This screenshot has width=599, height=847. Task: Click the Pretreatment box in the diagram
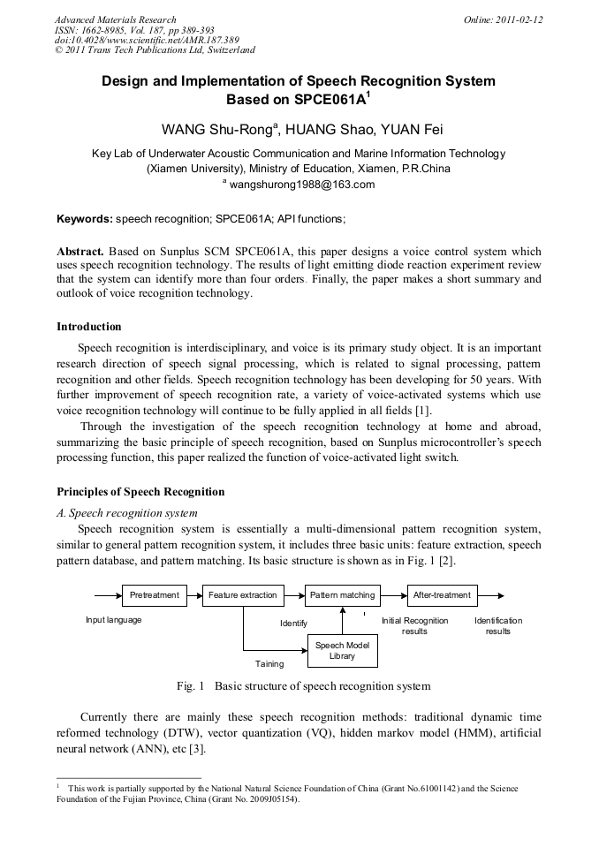click(x=155, y=595)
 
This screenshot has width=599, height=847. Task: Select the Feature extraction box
click(x=242, y=595)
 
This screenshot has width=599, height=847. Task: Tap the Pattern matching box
click(x=342, y=595)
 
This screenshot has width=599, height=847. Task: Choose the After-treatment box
click(x=442, y=595)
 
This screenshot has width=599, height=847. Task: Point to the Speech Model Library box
click(x=342, y=651)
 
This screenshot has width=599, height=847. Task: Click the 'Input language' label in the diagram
click(x=113, y=620)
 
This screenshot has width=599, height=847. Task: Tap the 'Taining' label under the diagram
click(x=269, y=662)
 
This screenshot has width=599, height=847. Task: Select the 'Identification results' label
click(x=498, y=626)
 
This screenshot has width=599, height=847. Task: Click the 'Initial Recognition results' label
click(x=414, y=626)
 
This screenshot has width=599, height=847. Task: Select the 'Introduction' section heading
click(x=89, y=327)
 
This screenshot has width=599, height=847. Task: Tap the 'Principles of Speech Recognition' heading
click(x=140, y=492)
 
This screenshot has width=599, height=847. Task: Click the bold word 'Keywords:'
click(x=85, y=218)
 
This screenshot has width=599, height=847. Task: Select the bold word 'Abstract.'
click(x=80, y=252)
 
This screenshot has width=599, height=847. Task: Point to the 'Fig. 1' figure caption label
click(x=190, y=686)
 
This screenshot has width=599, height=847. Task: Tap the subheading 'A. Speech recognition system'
click(x=127, y=512)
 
